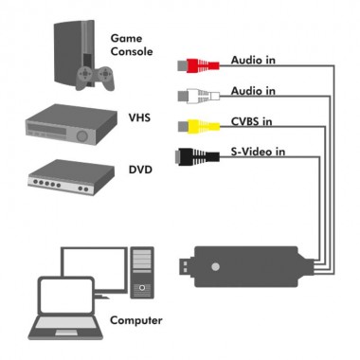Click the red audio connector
click(201, 65)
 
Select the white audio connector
click(201, 95)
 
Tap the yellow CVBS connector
click(201, 125)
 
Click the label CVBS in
click(252, 121)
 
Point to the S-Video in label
click(260, 152)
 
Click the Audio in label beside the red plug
click(253, 60)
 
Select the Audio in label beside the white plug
click(253, 91)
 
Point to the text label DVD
click(139, 171)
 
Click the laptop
click(63, 303)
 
